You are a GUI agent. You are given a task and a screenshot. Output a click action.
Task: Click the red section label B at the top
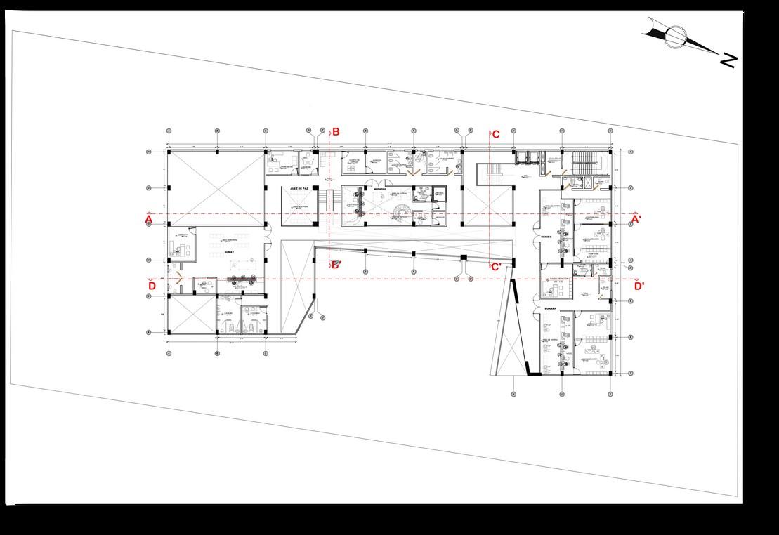tap(336, 132)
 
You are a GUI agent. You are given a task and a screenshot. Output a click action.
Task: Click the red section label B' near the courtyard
tap(336, 265)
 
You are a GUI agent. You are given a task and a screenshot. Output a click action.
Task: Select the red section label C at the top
tap(496, 135)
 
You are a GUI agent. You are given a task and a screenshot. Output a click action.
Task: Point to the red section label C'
tap(496, 267)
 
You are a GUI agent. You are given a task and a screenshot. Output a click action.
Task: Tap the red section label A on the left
tap(149, 220)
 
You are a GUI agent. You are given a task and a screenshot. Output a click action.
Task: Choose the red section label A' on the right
tap(636, 219)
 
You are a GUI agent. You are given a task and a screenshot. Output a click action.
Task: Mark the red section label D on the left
tap(151, 286)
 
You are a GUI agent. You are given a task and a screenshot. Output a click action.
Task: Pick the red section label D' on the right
tap(639, 286)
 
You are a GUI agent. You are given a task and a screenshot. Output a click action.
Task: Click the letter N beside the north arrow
tap(728, 60)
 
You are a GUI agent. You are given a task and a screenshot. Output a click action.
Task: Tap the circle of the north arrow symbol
tap(676, 36)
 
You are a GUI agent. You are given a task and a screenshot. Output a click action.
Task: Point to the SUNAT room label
tap(229, 249)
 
